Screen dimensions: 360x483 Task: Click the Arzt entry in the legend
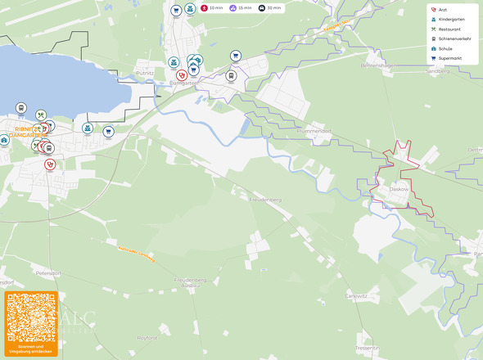pos(443,9)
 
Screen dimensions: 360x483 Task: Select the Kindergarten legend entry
pos(451,19)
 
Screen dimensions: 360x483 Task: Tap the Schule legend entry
pos(445,48)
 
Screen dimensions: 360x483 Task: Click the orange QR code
pos(31,321)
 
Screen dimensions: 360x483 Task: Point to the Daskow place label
pos(399,189)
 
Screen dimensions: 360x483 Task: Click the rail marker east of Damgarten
pos(231,75)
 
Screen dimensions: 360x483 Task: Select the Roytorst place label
pos(147,337)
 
